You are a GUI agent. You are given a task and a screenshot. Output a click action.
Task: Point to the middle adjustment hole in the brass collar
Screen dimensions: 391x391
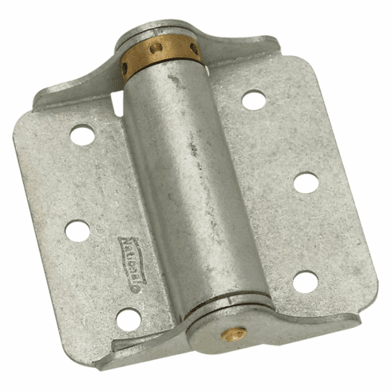coord(158,49)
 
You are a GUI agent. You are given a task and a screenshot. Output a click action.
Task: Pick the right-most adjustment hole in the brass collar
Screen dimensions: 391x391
coord(193,49)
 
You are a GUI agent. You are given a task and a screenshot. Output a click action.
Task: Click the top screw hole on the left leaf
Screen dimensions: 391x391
coord(82,135)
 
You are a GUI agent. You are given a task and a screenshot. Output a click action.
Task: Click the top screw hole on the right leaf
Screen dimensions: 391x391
coord(253,100)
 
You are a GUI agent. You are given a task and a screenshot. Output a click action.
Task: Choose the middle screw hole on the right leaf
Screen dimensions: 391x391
coord(306,183)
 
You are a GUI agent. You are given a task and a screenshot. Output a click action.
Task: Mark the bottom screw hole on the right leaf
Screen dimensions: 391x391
coord(305,281)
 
